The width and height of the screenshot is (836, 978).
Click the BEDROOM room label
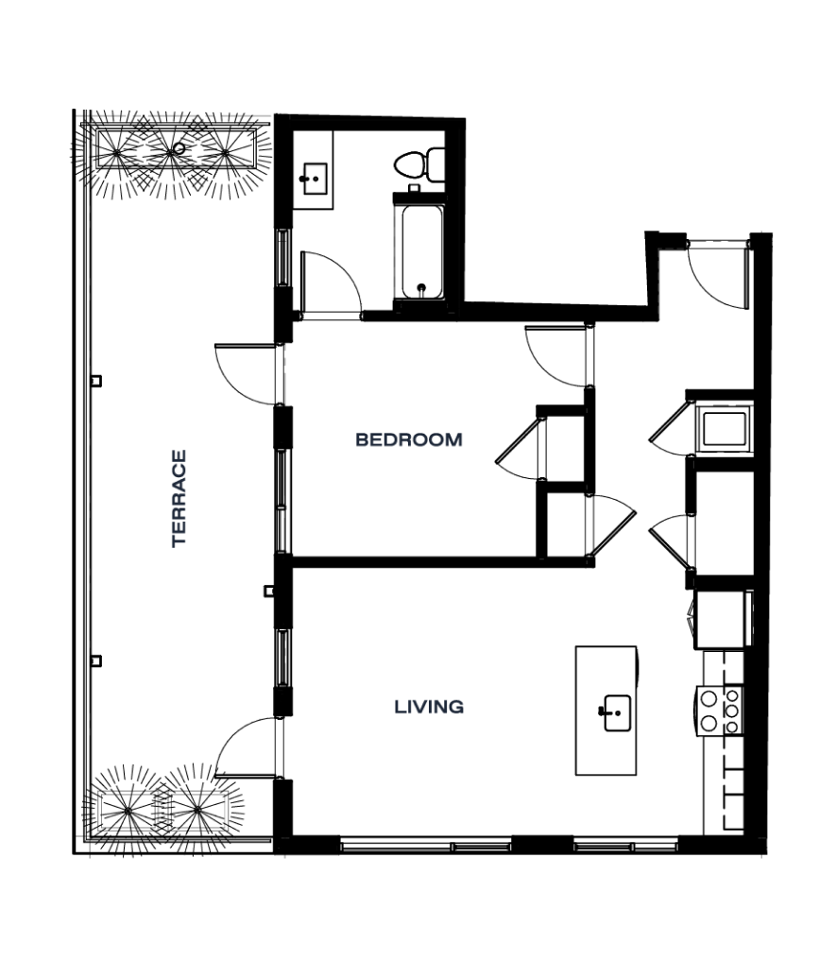[409, 439]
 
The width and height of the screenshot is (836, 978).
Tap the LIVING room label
[429, 707]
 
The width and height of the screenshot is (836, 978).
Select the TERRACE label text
[179, 499]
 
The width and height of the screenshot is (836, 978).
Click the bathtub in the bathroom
[422, 252]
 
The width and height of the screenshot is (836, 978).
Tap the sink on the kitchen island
[617, 712]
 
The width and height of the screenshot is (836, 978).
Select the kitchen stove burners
[720, 710]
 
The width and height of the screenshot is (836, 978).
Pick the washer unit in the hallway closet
[725, 430]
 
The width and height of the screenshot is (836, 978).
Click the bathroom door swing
[331, 285]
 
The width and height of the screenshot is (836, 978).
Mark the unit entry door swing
[718, 275]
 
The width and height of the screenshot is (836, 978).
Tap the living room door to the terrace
[246, 747]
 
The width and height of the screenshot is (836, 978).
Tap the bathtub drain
[421, 288]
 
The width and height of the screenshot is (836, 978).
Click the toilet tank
[435, 164]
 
